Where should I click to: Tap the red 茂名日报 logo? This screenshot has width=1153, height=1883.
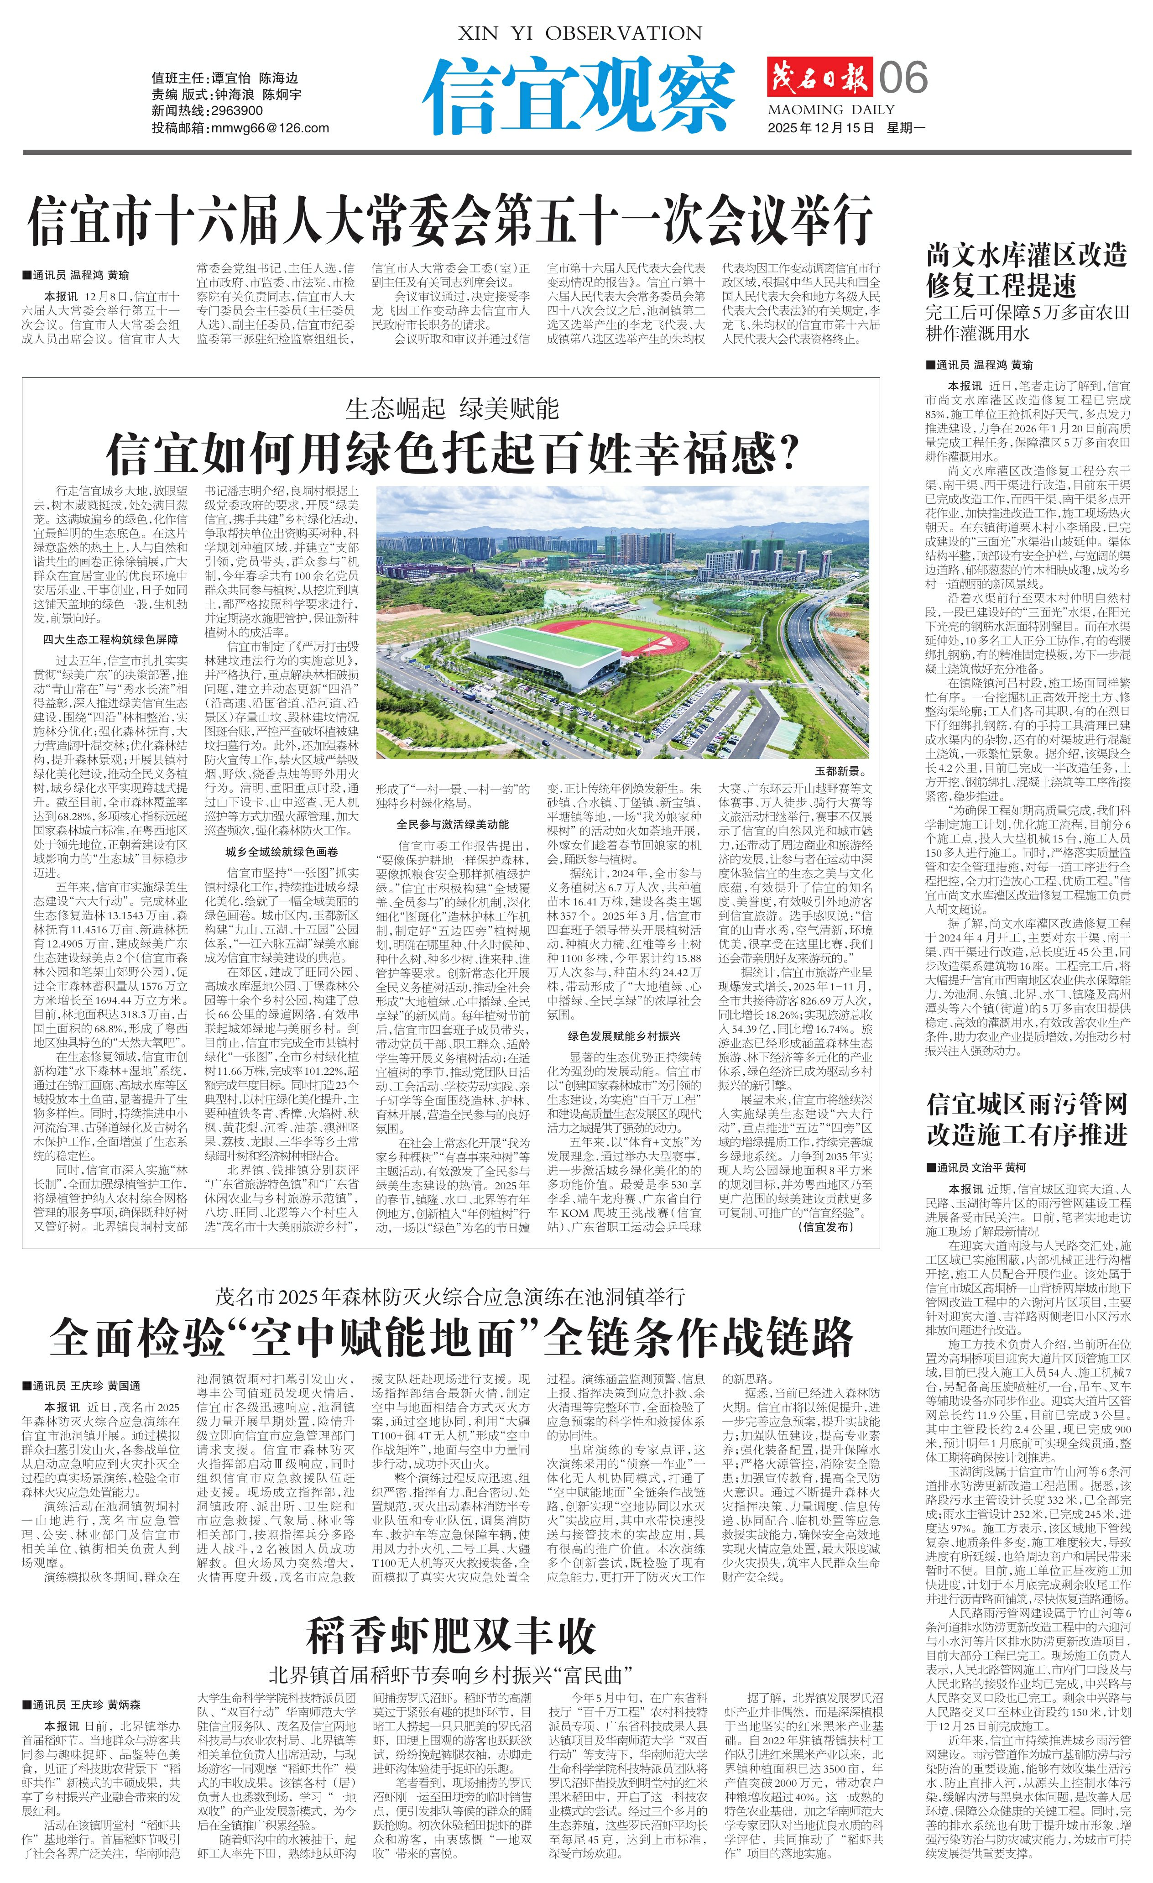pyautogui.click(x=819, y=77)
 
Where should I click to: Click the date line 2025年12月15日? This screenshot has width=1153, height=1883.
pyautogui.click(x=821, y=128)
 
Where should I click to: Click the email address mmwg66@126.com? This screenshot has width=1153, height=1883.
pyautogui.click(x=269, y=128)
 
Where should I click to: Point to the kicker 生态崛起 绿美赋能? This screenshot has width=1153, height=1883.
pyautogui.click(x=452, y=409)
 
